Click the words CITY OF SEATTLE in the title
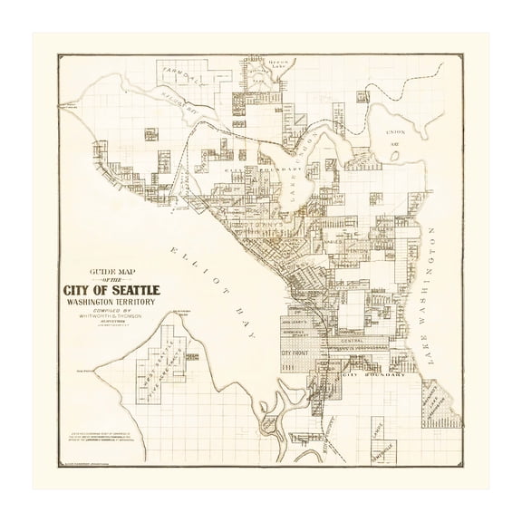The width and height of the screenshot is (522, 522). (x=112, y=290)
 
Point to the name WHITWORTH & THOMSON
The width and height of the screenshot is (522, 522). (x=113, y=325)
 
